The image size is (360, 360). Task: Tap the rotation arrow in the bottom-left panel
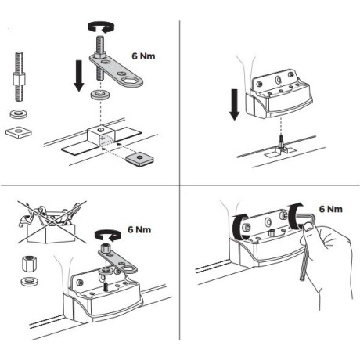click(x=104, y=234)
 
